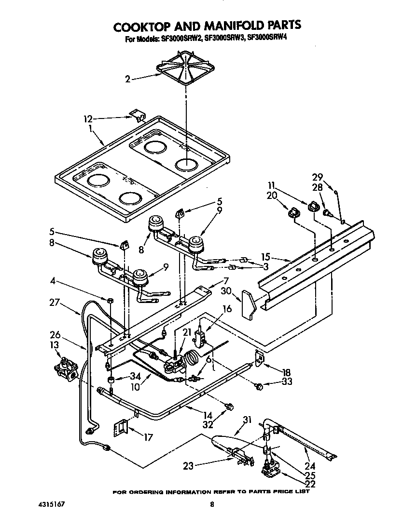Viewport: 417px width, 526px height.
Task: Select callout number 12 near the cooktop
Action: point(87,118)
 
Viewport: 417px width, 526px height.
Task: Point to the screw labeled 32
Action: point(229,407)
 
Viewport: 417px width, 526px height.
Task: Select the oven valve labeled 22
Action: point(270,469)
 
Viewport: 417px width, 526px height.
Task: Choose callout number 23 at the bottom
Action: point(189,466)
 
